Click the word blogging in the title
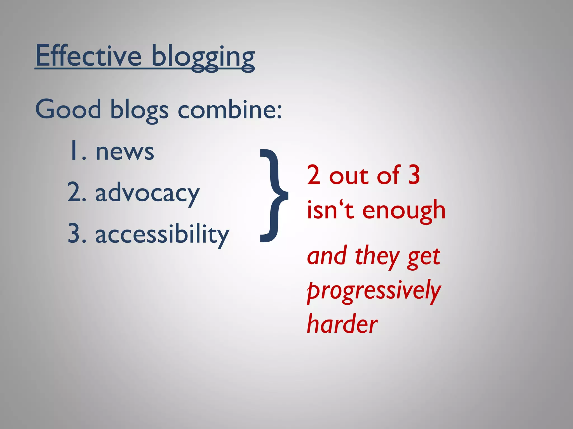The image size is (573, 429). [203, 57]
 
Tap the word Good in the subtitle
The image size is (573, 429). [68, 109]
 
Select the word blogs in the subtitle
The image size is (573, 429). [139, 110]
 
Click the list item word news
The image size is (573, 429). [125, 152]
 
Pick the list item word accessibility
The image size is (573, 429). [162, 235]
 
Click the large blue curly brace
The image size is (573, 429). [273, 196]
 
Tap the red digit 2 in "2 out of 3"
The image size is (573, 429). [313, 175]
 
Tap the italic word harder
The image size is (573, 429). [342, 324]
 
